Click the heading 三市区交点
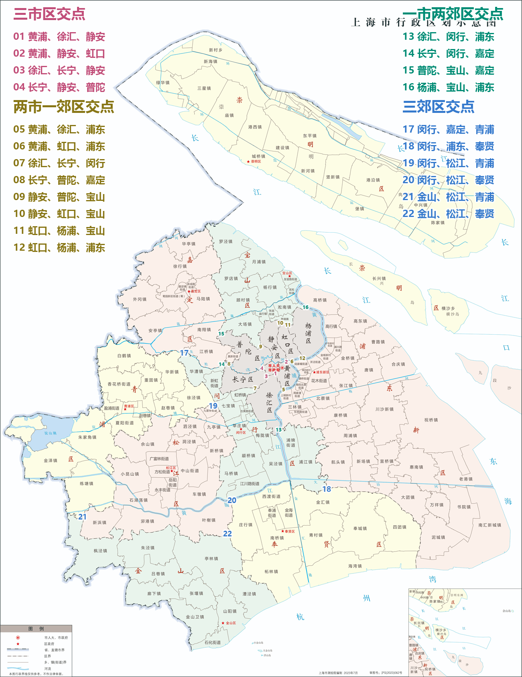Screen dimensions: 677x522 49,14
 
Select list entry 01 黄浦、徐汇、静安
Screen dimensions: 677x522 59,37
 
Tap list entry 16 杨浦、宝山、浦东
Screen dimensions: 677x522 448,88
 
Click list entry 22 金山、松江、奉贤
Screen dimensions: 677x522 448,214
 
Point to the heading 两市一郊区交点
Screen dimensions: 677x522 63,107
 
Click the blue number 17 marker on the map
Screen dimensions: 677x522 184,353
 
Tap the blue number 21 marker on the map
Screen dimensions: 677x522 82,517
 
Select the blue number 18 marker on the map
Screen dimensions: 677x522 327,489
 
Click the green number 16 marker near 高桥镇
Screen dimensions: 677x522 306,307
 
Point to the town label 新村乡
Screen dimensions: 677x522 215,50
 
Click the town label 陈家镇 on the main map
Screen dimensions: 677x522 438,223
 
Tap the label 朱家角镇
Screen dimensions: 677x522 87,437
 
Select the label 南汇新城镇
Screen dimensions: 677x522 490,525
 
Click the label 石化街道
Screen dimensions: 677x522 212,642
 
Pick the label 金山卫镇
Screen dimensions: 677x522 195,617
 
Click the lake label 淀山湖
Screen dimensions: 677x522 50,433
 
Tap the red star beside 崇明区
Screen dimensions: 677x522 248,162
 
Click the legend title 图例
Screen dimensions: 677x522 36,629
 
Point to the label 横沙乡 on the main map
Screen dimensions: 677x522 448,309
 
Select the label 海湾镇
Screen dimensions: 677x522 355,566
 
